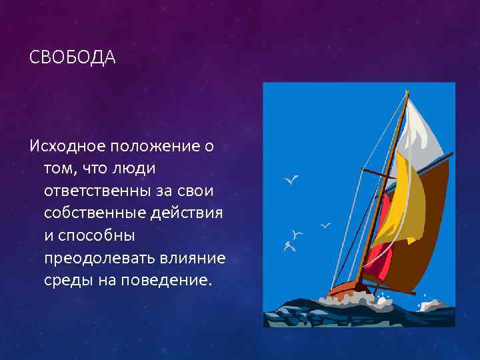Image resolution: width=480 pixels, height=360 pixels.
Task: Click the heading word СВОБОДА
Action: (73, 58)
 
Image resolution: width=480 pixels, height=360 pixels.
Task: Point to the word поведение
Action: (166, 280)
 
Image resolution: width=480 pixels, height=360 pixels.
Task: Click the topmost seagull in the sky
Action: (291, 179)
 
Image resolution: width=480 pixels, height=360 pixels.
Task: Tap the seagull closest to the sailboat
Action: (326, 225)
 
